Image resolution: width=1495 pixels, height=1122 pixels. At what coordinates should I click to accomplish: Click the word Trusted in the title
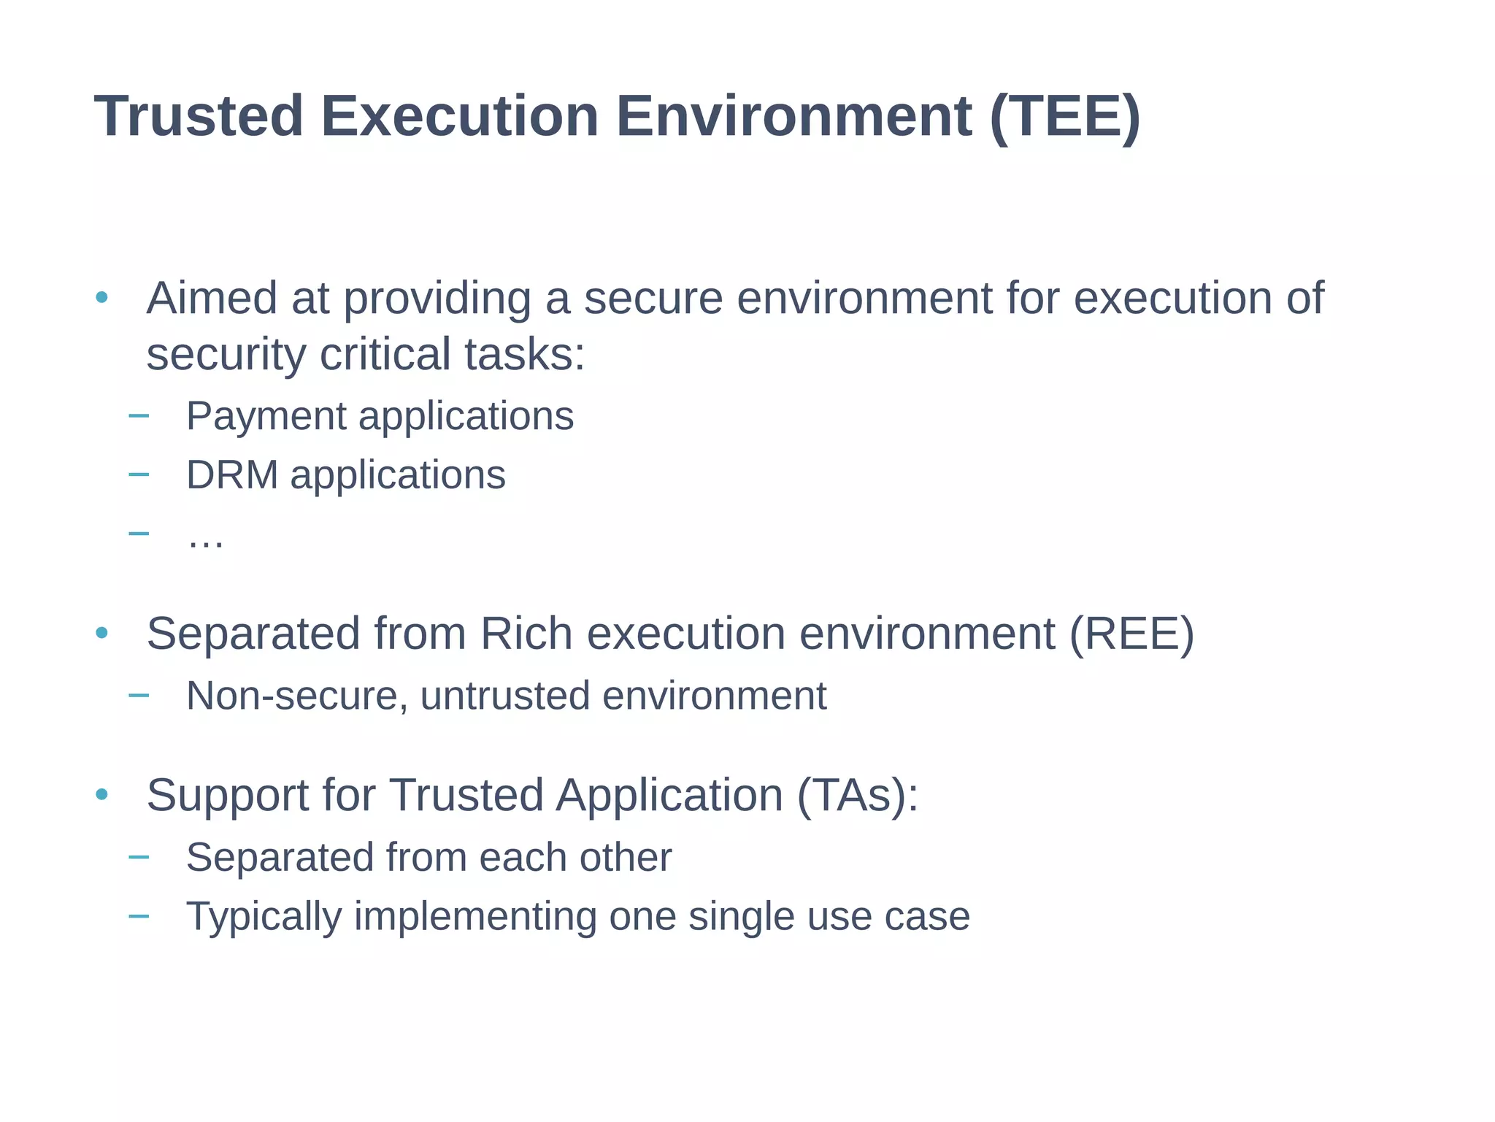click(199, 116)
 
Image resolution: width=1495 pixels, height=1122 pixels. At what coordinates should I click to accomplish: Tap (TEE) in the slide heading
click(1065, 116)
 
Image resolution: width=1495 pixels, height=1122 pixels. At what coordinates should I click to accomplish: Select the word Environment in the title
click(793, 116)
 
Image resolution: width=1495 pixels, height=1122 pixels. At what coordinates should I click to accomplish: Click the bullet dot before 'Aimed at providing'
click(101, 298)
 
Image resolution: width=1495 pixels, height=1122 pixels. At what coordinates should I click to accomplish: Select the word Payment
click(266, 417)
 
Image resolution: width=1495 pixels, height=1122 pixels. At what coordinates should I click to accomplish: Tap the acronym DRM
click(232, 475)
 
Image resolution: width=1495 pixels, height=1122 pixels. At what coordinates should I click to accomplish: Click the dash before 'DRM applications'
click(138, 474)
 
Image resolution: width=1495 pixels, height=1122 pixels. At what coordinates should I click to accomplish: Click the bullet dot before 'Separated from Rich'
click(101, 633)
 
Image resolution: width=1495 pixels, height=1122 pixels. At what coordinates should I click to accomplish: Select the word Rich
click(526, 633)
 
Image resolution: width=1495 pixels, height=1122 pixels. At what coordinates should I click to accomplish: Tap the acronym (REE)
click(1131, 633)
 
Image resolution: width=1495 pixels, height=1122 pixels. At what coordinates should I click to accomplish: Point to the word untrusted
click(504, 696)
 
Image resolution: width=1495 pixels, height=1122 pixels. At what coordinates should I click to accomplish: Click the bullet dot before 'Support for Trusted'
click(101, 794)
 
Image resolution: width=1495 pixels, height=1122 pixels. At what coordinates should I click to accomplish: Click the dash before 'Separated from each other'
click(138, 856)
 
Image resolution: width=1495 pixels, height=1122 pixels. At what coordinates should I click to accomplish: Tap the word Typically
click(264, 917)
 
